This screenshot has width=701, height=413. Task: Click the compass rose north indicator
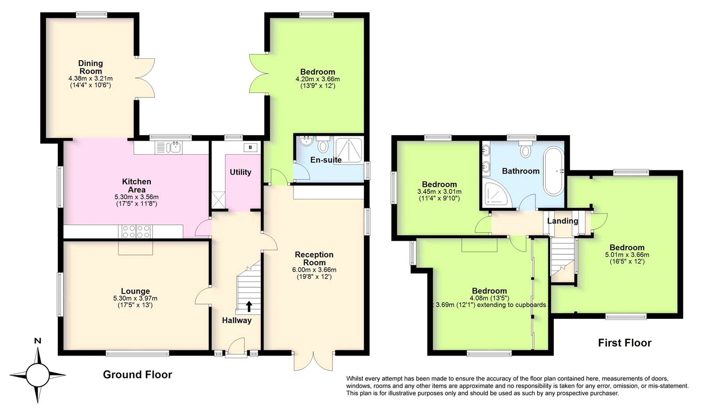point(38,341)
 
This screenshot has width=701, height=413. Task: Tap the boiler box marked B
point(250,147)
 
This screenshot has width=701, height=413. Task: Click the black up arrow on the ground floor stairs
point(249,306)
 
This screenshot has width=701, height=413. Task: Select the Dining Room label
point(91,67)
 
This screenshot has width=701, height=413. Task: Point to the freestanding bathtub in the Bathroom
point(554,171)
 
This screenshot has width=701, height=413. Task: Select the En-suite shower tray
point(349,149)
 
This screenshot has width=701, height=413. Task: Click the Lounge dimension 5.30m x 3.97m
point(135,299)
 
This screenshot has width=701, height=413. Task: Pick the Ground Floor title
point(137,374)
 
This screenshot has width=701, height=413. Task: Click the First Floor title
point(624,343)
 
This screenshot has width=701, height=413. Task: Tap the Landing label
point(562,221)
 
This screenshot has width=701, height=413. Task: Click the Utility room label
point(241,172)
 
